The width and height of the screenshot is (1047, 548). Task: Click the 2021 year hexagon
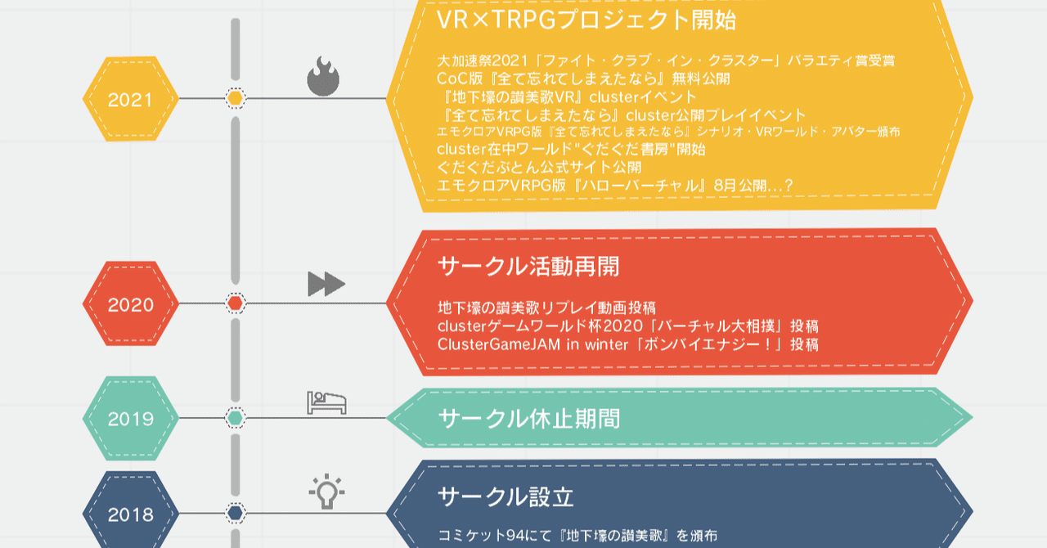pos(130,99)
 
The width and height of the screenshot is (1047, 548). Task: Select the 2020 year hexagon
pos(130,303)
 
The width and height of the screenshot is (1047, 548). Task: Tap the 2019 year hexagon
pos(130,418)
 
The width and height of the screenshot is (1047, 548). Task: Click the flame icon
pos(323,76)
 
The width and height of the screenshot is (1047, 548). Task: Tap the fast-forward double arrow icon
pos(326,283)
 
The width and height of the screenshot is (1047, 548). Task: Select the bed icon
pos(326,402)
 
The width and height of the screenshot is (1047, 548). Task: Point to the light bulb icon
pos(326,492)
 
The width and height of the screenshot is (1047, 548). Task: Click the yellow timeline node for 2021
pos(235,98)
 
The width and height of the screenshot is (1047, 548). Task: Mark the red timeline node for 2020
pos(235,303)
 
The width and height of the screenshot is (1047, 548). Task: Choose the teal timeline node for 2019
pos(235,418)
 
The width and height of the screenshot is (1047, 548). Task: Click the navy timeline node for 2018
pos(235,513)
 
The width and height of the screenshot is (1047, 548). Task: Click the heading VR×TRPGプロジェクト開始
pos(586,20)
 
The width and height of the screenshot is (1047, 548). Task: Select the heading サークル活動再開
pos(528,266)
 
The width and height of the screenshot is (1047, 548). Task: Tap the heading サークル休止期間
pos(529,419)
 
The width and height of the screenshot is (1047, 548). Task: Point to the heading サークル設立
pos(506,496)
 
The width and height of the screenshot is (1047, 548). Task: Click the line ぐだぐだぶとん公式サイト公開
pos(539,167)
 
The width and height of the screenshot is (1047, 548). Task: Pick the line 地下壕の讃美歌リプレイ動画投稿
pos(547,308)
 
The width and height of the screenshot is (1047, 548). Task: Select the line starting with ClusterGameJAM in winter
pos(627,344)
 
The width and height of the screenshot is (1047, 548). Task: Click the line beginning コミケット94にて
pos(577,536)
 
